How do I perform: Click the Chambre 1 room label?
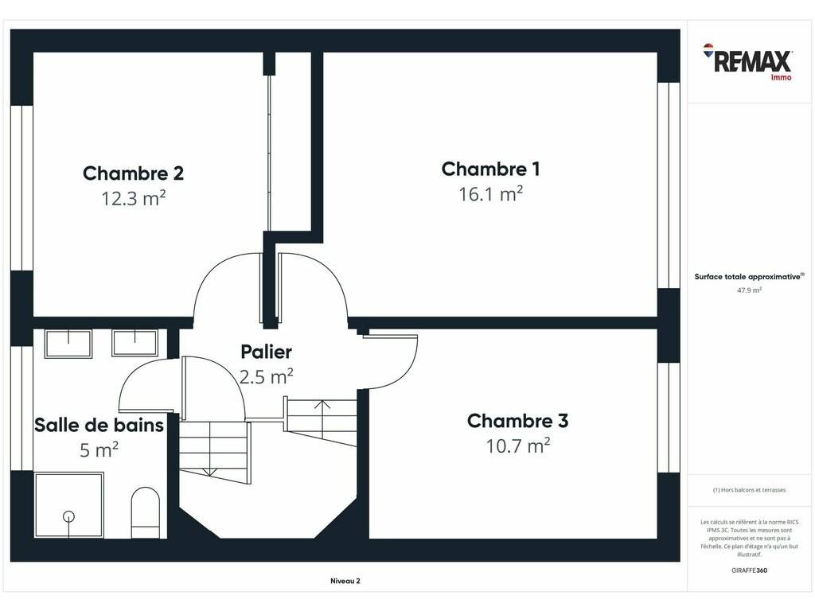pos(490,169)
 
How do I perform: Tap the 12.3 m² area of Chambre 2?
pos(134,198)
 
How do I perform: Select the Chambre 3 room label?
pos(517,420)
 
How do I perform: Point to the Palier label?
pos(266,352)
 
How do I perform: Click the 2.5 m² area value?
pos(266,376)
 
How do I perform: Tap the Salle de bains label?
pos(99,425)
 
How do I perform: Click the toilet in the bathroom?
pos(146,512)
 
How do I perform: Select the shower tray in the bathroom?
pos(68,504)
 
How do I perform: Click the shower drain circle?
pos(68,516)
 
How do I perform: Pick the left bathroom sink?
pos(68,344)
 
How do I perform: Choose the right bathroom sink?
pos(135,343)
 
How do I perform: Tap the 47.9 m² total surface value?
pos(749,290)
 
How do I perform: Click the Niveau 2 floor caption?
pos(345,581)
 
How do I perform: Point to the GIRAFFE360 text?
pos(749,570)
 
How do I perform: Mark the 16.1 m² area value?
pos(490,194)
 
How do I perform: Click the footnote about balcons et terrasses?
pos(749,490)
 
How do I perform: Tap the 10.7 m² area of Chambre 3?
pos(517,446)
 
